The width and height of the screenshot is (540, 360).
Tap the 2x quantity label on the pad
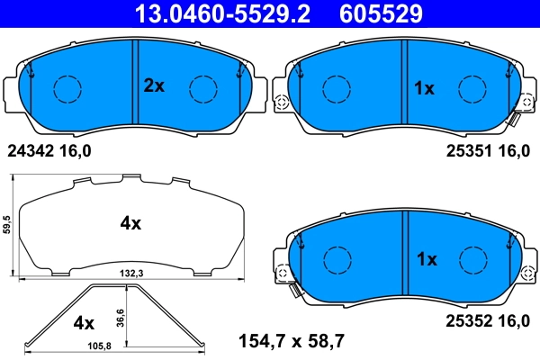click(x=154, y=86)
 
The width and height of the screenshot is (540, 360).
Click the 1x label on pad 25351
click(x=423, y=88)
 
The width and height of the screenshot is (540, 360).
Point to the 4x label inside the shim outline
click(x=130, y=224)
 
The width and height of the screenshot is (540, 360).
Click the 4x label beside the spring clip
click(x=83, y=321)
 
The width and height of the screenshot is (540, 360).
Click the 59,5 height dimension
click(x=8, y=224)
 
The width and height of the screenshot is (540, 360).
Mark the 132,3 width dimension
click(x=131, y=271)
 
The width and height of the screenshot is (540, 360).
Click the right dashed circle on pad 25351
click(x=472, y=88)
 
